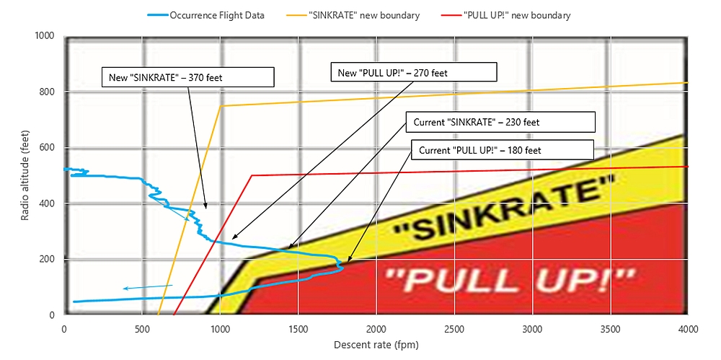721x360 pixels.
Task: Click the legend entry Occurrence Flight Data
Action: click(217, 14)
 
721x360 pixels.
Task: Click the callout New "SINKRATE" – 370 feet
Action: click(187, 76)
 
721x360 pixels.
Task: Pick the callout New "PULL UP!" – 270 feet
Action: click(413, 71)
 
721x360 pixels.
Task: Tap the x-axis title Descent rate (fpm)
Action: click(376, 345)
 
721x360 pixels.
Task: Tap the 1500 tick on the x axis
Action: click(298, 329)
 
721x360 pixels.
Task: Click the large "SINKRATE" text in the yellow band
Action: click(505, 210)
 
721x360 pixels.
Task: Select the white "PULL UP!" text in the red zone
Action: click(508, 278)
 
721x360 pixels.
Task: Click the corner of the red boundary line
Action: click(252, 175)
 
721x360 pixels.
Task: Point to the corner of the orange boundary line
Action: click(221, 106)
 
